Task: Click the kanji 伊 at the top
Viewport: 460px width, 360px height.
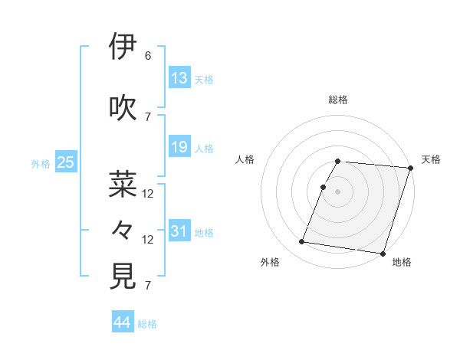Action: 123,47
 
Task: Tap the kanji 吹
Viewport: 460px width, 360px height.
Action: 123,108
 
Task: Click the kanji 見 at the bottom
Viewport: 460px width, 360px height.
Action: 123,277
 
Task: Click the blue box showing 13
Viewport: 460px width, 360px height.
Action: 179,78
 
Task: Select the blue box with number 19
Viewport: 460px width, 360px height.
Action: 179,147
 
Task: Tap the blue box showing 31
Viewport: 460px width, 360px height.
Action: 179,231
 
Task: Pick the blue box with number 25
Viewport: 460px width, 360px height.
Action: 66,162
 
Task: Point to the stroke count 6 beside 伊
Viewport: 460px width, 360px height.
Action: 148,56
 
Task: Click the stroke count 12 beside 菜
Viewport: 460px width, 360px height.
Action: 148,193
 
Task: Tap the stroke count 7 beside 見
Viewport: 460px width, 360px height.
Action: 148,286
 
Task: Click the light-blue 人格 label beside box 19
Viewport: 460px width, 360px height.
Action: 204,148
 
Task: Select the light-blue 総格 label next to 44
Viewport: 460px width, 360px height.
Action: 147,324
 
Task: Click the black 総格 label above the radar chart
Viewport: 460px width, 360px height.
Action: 338,100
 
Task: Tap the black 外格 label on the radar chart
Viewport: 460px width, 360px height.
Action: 270,262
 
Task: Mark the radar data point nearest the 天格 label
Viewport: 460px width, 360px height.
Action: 410,168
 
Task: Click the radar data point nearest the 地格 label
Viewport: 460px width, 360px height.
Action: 383,253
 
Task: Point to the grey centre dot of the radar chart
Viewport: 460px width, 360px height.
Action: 338,191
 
